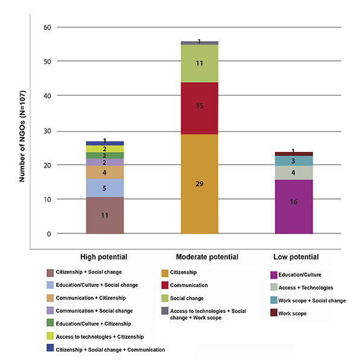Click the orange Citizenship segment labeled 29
[x=199, y=183]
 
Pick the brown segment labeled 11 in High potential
[x=105, y=215]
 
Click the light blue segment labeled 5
[x=105, y=188]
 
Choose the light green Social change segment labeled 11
[x=199, y=63]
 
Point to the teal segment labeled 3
[x=294, y=160]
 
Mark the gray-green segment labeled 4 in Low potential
[x=294, y=172]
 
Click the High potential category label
[x=104, y=257]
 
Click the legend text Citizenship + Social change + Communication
[x=109, y=349]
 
